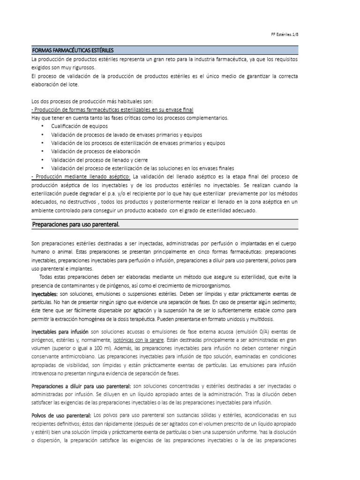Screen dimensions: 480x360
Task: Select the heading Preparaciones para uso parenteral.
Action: [75, 225]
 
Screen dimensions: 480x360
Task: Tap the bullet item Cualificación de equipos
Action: [79, 126]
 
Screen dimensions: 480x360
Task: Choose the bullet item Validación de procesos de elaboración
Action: [96, 151]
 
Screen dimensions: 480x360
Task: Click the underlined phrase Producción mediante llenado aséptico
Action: [81, 176]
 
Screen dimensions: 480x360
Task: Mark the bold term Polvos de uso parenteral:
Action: [61, 415]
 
